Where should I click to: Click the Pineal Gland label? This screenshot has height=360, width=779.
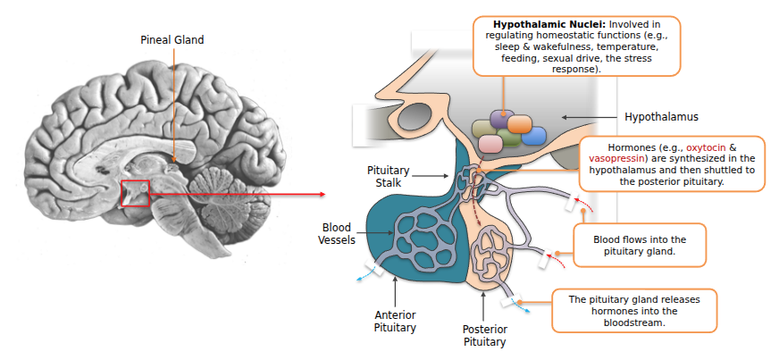click(x=172, y=40)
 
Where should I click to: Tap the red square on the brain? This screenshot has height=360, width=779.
click(x=135, y=193)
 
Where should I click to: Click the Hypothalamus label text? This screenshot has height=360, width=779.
click(x=660, y=117)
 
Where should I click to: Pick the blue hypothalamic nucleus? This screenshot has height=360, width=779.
click(x=533, y=135)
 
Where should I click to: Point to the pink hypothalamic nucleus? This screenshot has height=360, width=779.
click(x=490, y=143)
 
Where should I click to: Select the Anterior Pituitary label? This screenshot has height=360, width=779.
click(x=395, y=321)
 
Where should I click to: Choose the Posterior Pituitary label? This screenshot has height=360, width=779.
click(x=484, y=335)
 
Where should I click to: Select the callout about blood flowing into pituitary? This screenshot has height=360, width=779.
click(x=639, y=246)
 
